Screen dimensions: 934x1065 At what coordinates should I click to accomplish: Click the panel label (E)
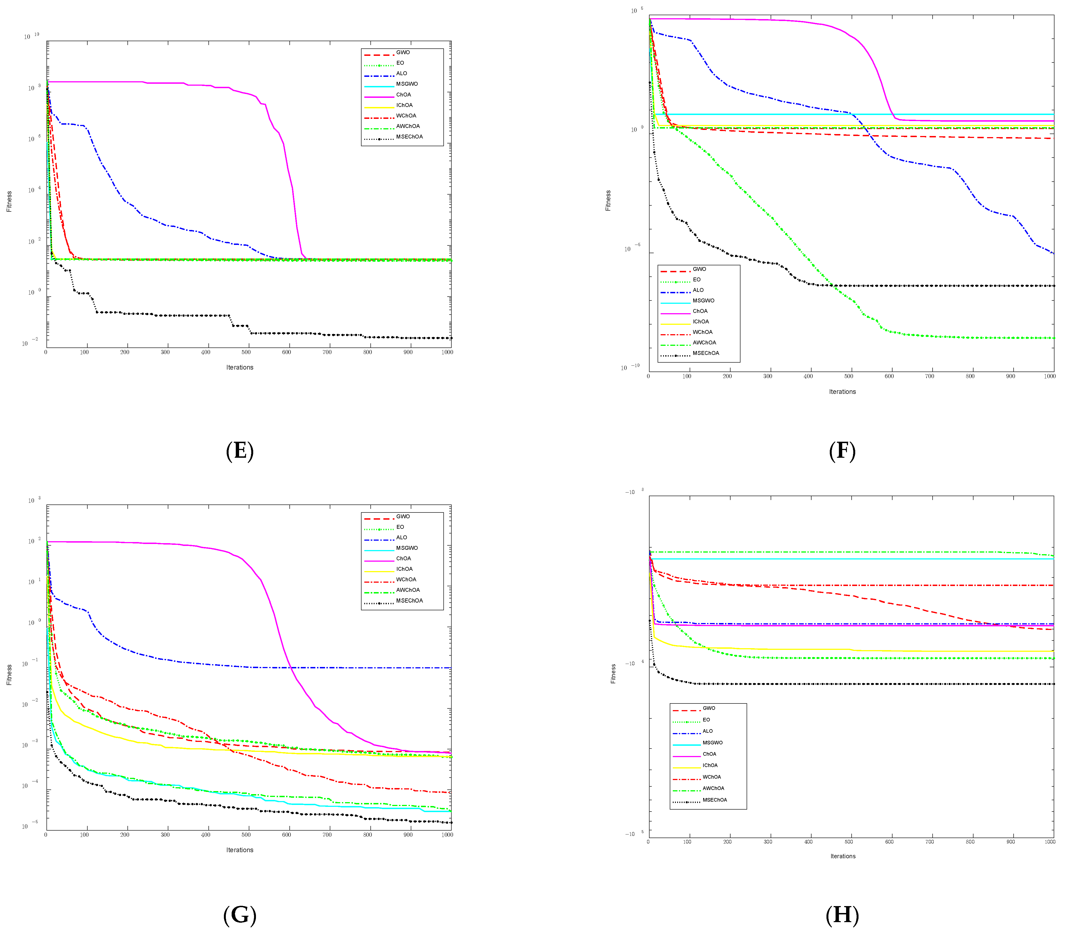pyautogui.click(x=240, y=451)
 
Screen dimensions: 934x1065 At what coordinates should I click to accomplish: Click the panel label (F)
pyautogui.click(x=842, y=451)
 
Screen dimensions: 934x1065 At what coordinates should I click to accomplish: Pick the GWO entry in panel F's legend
pyautogui.click(x=699, y=269)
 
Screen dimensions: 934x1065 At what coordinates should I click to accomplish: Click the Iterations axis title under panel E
pyautogui.click(x=240, y=367)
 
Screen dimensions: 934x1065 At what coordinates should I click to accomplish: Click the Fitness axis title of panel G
pyautogui.click(x=9, y=674)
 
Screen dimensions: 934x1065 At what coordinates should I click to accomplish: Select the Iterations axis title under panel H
pyautogui.click(x=842, y=856)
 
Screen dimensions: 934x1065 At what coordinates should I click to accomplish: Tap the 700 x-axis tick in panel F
pyautogui.click(x=930, y=376)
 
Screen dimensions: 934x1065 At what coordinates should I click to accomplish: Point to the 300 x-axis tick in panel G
pyautogui.click(x=165, y=834)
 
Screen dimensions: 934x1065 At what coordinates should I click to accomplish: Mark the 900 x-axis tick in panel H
pyautogui.click(x=1010, y=841)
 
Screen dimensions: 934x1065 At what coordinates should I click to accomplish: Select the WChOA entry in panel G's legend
pyautogui.click(x=406, y=579)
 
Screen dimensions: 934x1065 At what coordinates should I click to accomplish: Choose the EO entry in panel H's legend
pyautogui.click(x=706, y=720)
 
